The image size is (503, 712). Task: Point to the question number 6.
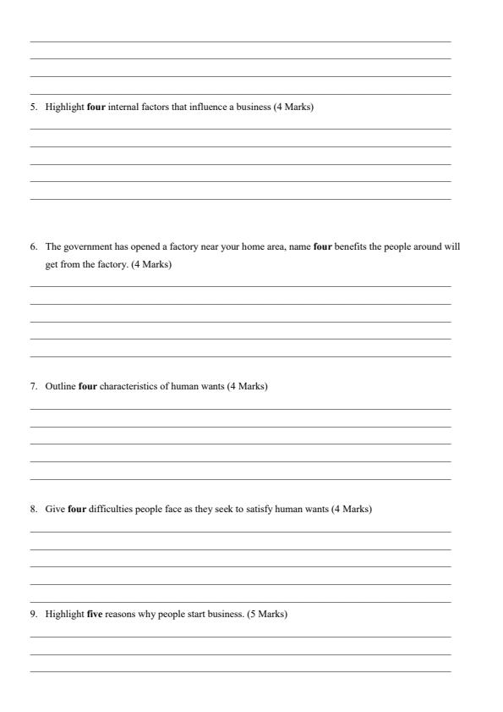pos(33,247)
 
